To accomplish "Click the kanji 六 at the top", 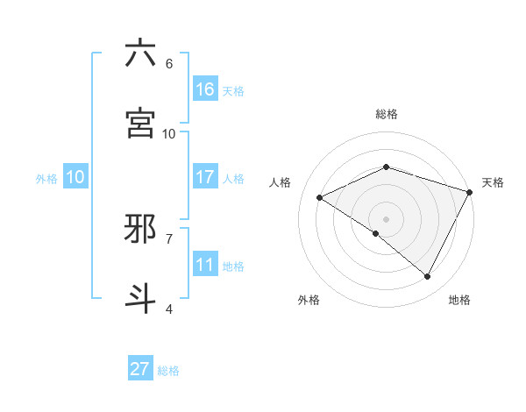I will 140,53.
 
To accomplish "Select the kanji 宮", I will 140,124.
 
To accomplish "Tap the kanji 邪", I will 140,229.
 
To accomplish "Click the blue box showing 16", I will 205,89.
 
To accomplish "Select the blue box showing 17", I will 205,177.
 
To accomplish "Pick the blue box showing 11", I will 205,265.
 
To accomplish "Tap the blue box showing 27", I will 140,369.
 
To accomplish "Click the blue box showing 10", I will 75,177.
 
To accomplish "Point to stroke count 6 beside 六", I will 169,63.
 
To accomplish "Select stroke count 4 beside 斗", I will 169,309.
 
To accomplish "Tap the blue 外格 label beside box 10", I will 46,179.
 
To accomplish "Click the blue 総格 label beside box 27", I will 168,371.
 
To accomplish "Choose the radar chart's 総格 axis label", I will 387,114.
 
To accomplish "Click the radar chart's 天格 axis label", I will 493,182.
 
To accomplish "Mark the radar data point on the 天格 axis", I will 470,191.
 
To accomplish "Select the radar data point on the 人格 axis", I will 320,198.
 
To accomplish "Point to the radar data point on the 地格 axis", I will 428,277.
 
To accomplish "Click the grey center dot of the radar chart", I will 386,218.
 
